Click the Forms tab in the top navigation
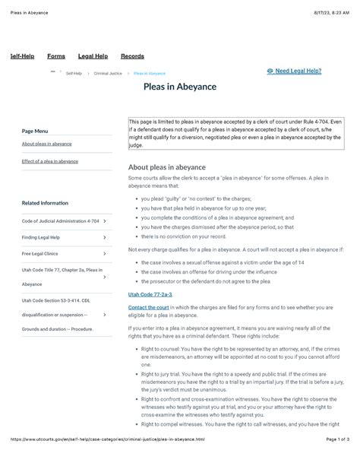[55, 56]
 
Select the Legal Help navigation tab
[93, 56]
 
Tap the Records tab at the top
[132, 56]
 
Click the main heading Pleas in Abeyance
[180, 87]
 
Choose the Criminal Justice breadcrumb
[105, 74]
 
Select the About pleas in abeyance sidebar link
[47, 144]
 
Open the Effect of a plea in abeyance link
[50, 161]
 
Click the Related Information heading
[45, 203]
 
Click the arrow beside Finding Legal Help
[104, 237]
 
